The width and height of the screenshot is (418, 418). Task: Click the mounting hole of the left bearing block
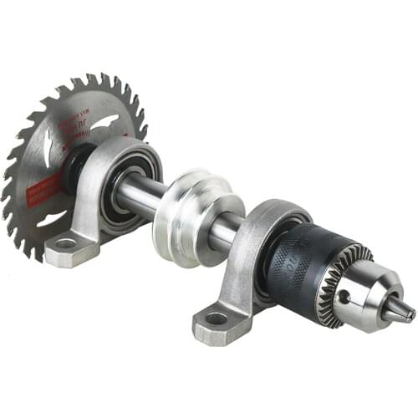click(66, 244)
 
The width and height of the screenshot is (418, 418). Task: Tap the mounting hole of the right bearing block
click(216, 318)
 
